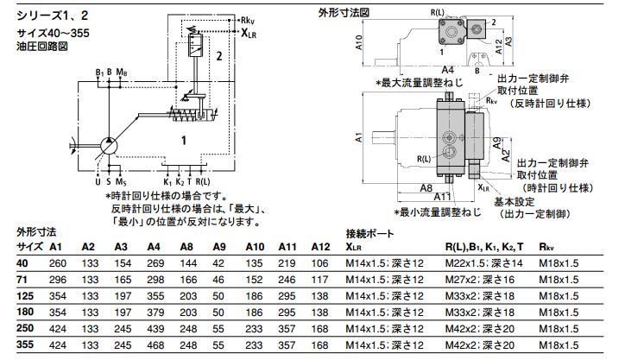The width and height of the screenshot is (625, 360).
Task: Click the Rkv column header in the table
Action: pos(546,247)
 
